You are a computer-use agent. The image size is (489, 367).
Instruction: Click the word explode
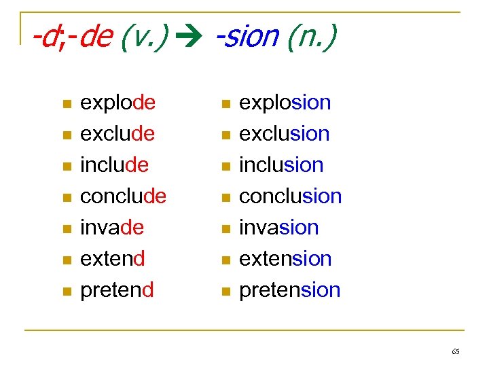[117, 103]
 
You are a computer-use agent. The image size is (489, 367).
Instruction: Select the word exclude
[117, 134]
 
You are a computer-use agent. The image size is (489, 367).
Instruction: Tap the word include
[114, 165]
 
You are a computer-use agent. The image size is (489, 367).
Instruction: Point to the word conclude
[123, 196]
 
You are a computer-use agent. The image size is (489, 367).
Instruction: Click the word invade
[112, 228]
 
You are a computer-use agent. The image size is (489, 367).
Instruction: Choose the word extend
[113, 259]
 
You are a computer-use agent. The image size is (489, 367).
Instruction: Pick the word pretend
[117, 290]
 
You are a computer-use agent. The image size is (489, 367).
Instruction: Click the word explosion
[285, 103]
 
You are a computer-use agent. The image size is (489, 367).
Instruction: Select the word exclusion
[284, 134]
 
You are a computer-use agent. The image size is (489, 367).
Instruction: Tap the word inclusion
[281, 165]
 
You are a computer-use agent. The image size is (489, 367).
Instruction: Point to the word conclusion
[290, 196]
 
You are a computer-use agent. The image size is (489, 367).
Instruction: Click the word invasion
[278, 228]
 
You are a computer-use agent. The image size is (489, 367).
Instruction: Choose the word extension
[285, 259]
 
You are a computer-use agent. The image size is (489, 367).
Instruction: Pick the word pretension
[289, 290]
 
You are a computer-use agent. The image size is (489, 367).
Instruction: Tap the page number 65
[455, 351]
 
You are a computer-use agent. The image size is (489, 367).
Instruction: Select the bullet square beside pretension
[225, 292]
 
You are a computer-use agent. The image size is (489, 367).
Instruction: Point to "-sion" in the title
[247, 38]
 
